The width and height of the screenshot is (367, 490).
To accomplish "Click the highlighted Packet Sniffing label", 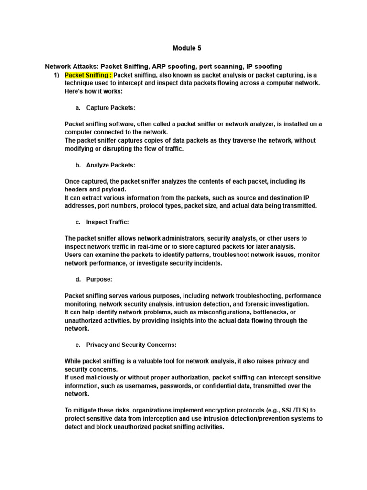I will (88, 75).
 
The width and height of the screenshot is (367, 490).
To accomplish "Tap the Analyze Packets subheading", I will (110, 165).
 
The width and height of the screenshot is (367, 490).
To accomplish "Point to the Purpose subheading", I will (99, 279).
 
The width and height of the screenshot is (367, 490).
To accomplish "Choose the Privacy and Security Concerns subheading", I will (131, 345).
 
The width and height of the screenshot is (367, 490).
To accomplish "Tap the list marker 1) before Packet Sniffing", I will (56, 75).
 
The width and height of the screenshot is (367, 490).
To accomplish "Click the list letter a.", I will (78, 108).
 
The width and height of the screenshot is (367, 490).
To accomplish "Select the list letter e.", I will (78, 345).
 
